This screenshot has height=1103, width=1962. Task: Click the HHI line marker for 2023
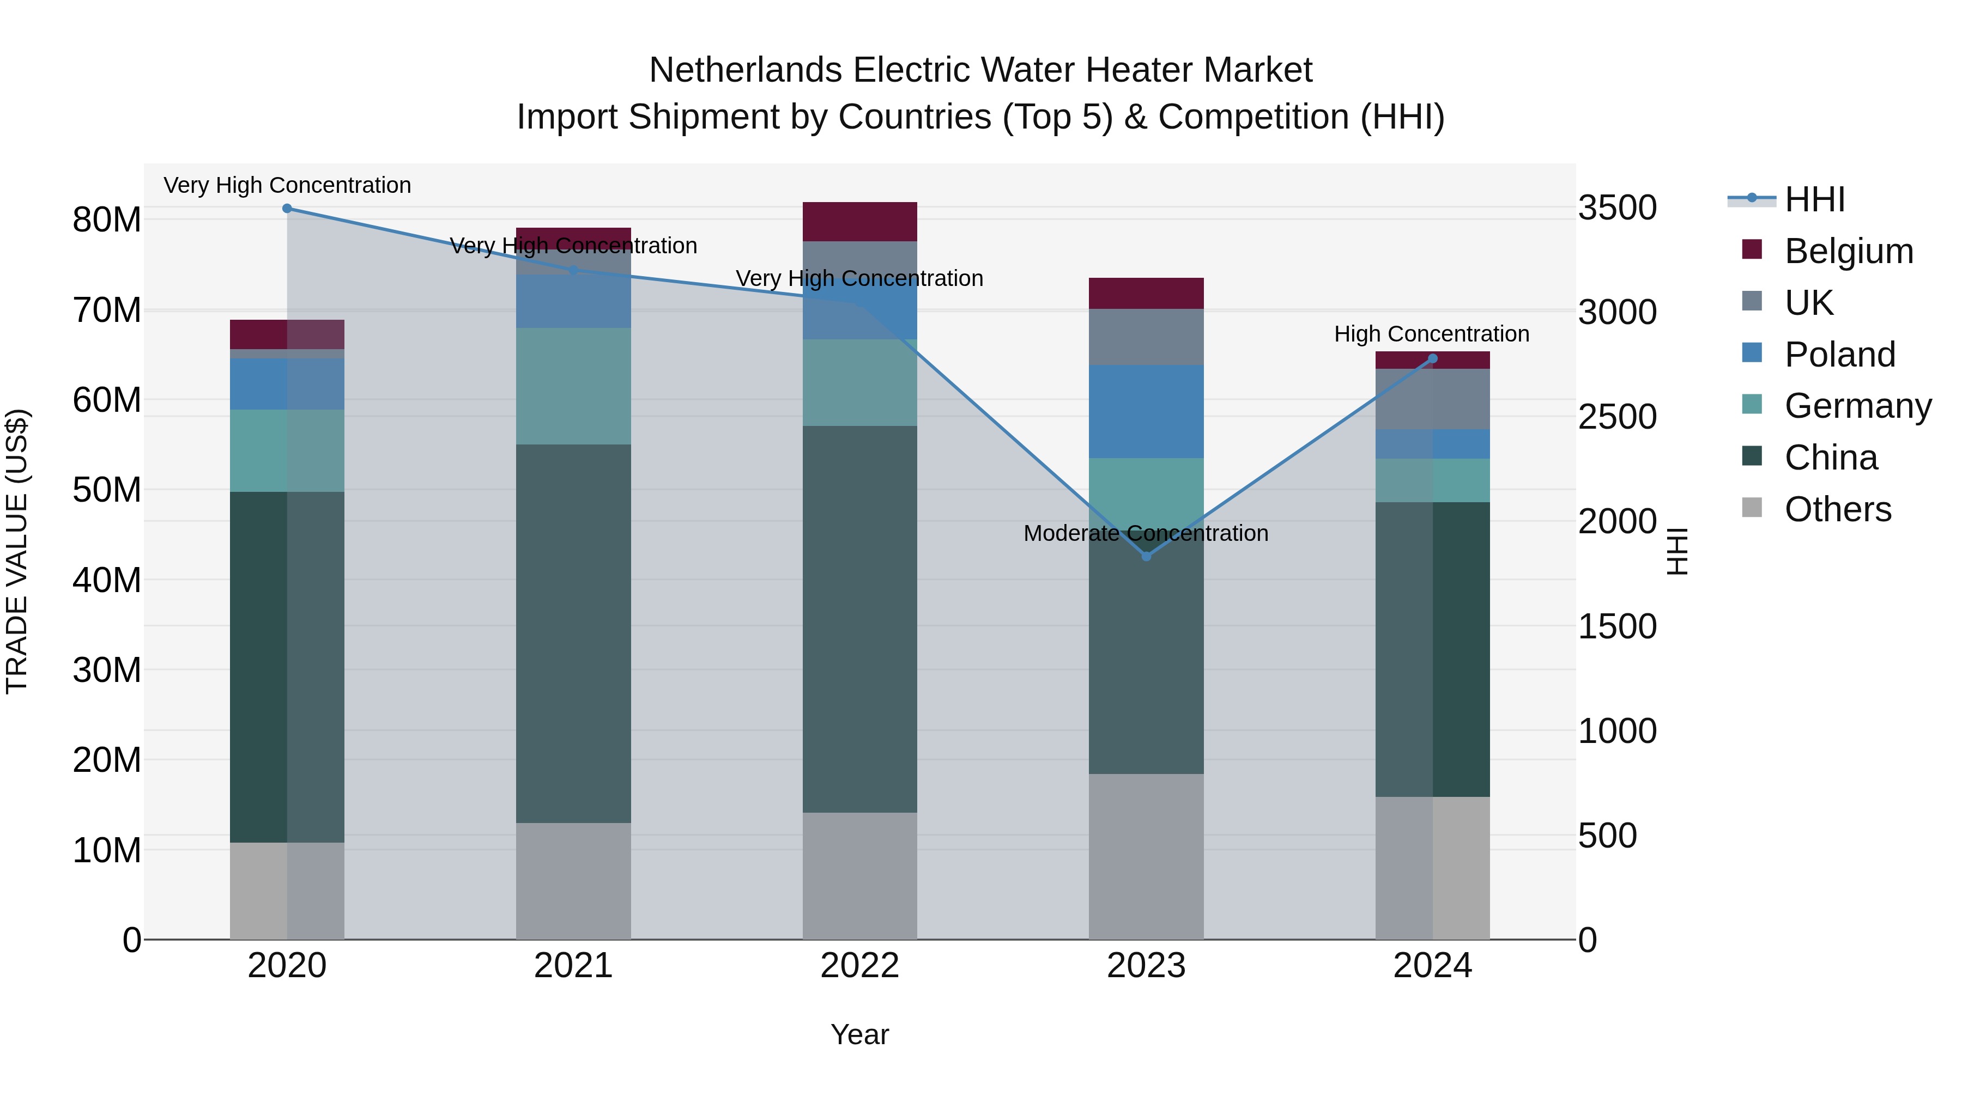click(1146, 557)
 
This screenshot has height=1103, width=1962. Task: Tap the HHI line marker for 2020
click(287, 209)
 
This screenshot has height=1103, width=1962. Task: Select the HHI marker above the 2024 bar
click(1433, 358)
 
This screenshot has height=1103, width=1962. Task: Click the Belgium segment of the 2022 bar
click(860, 222)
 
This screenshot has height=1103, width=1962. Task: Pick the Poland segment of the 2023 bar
click(1146, 411)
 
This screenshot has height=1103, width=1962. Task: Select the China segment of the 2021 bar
click(573, 633)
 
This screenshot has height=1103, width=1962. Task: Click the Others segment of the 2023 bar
click(1146, 856)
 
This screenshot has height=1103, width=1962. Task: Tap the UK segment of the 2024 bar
click(1433, 399)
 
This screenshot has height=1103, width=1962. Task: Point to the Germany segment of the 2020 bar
click(287, 450)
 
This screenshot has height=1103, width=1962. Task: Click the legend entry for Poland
click(1839, 355)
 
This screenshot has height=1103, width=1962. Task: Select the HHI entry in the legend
click(1814, 199)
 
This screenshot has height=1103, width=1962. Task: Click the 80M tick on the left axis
click(107, 220)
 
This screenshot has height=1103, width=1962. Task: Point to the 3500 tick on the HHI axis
click(1617, 208)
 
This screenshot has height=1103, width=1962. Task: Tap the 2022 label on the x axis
click(860, 966)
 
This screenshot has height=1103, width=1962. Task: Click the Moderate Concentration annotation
click(1146, 533)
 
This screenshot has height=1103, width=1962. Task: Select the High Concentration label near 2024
click(1431, 334)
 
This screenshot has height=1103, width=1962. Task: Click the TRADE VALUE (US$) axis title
click(17, 551)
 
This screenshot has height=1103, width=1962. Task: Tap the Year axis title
click(860, 1034)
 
